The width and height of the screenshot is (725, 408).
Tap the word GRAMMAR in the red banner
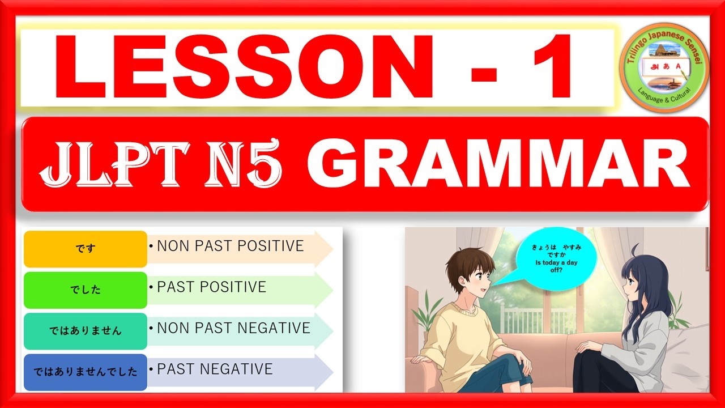coord(498,164)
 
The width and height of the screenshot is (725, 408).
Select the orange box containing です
coord(85,249)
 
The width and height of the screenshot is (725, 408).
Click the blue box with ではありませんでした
coord(85,372)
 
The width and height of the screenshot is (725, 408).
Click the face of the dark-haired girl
coord(631,286)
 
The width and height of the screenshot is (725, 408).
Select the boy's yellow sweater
coord(459,334)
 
